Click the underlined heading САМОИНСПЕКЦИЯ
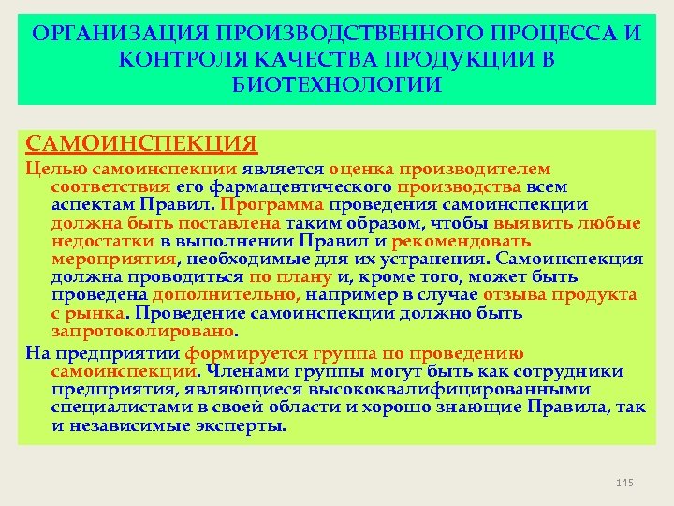141,143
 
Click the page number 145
625,482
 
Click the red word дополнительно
197,294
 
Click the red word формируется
238,354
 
